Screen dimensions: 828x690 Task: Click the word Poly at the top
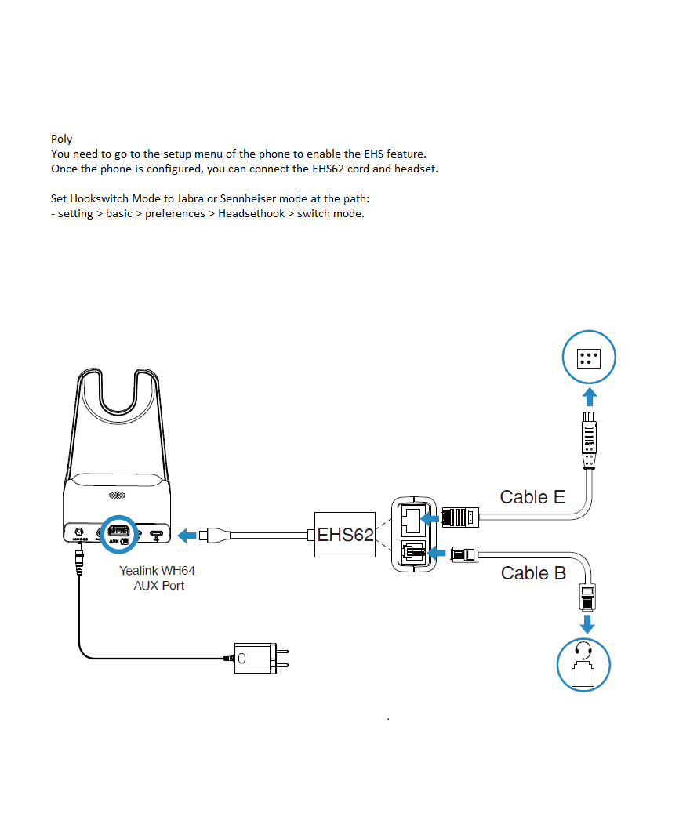[x=61, y=139]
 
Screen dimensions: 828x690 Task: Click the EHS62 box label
[x=345, y=535]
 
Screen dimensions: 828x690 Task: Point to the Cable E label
[x=532, y=496]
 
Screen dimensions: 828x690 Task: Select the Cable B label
[x=533, y=573]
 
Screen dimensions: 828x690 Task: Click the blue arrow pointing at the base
[x=187, y=536]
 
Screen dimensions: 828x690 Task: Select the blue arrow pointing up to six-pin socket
[x=590, y=396]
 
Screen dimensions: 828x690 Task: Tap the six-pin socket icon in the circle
[x=590, y=358]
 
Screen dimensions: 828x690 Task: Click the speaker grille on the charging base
[x=116, y=496]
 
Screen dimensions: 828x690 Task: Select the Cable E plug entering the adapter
[x=459, y=517]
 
